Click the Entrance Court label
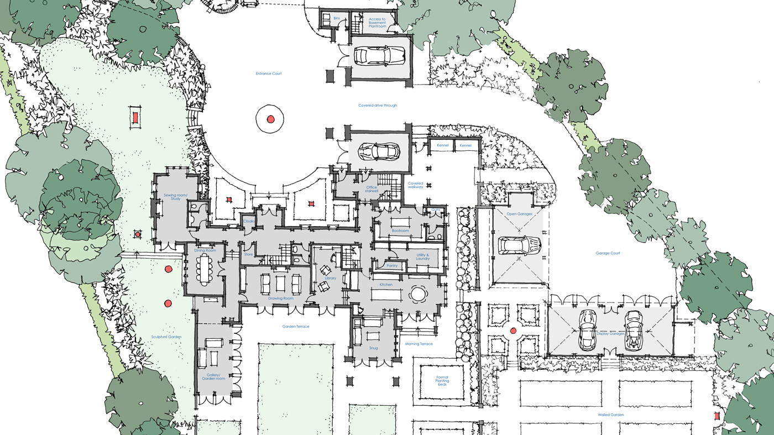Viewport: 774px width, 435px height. point(269,74)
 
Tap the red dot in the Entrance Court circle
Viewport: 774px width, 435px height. point(270,119)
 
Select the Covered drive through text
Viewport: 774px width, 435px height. point(378,105)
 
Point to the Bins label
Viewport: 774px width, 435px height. point(337,18)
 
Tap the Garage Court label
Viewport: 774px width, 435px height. point(608,253)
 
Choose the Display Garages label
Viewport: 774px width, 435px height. point(610,333)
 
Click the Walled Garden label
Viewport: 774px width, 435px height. point(610,415)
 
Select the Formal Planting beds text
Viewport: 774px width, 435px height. point(442,381)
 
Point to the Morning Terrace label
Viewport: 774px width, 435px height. point(419,344)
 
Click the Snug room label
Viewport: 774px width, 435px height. point(374,348)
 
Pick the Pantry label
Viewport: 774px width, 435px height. point(392,266)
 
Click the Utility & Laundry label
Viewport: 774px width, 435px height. point(423,257)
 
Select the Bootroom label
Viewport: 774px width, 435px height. point(400,230)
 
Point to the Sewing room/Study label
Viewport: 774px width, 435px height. point(176,197)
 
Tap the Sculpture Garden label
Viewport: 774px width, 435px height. point(166,337)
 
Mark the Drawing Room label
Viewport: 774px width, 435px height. point(280,298)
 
